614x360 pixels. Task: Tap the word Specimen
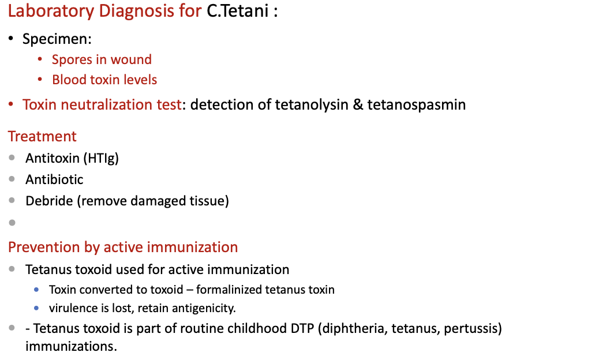pyautogui.click(x=56, y=39)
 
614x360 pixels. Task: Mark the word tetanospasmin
pyautogui.click(x=416, y=104)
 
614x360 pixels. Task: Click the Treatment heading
pyautogui.click(x=42, y=136)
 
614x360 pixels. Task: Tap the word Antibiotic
pyautogui.click(x=54, y=179)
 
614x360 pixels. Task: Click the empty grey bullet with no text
pyautogui.click(x=12, y=223)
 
